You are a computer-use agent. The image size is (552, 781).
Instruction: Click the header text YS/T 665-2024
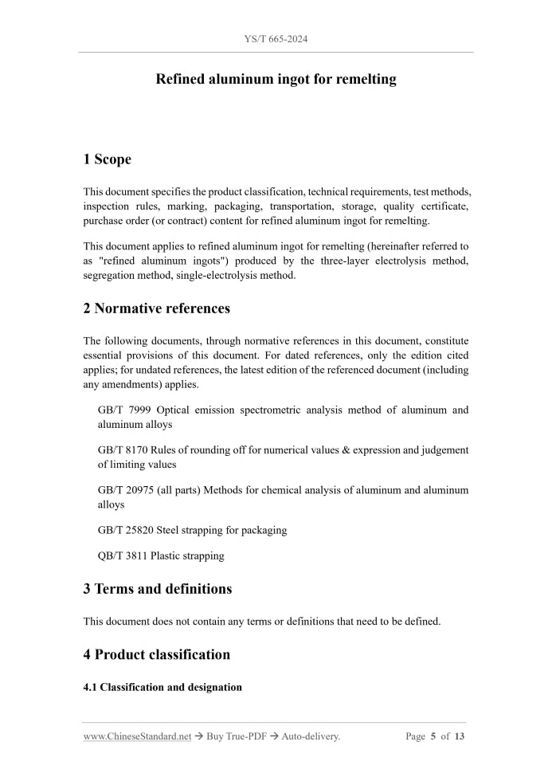pos(276,38)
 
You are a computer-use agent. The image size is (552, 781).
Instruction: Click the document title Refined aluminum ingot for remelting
pos(276,79)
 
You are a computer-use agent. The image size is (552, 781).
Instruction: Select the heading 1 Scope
pos(107,159)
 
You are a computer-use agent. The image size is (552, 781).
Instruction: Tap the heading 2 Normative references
pos(156,308)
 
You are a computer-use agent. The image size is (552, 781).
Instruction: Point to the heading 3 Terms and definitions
pos(157,589)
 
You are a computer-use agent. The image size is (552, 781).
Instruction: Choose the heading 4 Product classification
pos(156,654)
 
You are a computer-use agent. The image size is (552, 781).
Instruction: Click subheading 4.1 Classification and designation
pos(162,687)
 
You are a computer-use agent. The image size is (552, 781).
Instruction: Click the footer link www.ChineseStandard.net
pos(137,736)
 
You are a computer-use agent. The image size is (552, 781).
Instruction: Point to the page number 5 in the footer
pos(433,736)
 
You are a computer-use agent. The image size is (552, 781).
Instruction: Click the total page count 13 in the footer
pos(459,736)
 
